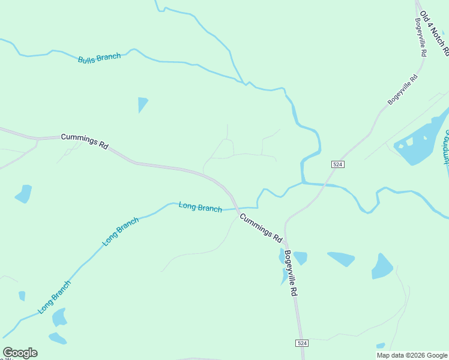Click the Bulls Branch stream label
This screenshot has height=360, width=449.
point(99,58)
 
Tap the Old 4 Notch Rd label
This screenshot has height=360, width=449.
point(434,33)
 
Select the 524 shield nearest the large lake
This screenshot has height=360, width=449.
point(337,164)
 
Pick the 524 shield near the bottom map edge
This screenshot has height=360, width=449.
point(302,343)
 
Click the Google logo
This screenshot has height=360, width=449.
point(20,353)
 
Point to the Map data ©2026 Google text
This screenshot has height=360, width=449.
point(412,355)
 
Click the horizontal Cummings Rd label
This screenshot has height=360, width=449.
point(84,142)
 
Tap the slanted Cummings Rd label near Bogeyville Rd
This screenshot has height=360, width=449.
point(261,228)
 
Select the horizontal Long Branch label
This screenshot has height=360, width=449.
point(200,207)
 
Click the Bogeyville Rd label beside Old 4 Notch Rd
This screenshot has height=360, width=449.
point(421,37)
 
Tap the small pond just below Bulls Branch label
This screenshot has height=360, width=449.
point(142,104)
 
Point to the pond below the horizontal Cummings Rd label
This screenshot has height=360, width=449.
point(23,194)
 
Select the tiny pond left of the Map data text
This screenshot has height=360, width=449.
point(380,346)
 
